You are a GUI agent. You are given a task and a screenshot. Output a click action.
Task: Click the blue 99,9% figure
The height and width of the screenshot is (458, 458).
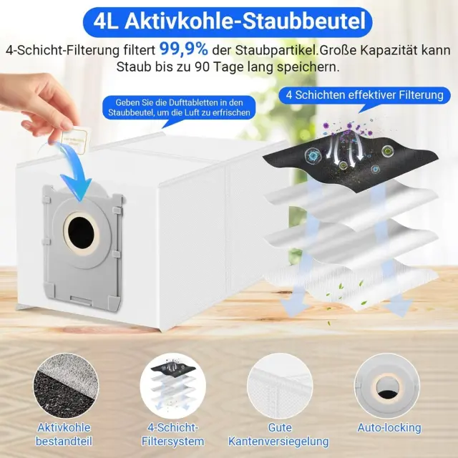pos(184,49)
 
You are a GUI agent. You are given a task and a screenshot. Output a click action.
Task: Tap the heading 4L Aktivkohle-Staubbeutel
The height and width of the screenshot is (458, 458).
pos(230,21)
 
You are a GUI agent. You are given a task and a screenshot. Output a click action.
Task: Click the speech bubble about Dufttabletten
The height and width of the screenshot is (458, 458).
pos(179,108)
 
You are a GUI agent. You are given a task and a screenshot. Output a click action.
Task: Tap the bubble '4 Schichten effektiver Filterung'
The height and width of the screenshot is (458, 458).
pos(364,95)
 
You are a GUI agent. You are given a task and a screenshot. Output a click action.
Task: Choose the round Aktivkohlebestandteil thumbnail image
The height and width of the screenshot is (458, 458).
pos(66,386)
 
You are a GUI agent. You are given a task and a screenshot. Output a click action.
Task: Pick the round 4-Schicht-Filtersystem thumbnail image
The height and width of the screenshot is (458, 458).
pos(173,386)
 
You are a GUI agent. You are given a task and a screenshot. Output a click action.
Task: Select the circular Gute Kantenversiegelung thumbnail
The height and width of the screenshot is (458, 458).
pos(280,386)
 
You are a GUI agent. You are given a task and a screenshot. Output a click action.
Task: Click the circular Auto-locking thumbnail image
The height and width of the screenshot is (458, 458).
pos(387,386)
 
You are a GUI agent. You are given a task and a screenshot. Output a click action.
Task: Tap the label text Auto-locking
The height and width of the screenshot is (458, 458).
pos(389,428)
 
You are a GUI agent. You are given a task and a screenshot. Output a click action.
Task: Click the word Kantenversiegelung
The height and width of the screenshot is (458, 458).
pos(278,442)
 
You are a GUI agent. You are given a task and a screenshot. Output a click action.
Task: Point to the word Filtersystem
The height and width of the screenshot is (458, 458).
pos(173,441)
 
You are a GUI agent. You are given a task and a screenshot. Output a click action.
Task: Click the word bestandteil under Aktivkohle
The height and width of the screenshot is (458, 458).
pos(64,441)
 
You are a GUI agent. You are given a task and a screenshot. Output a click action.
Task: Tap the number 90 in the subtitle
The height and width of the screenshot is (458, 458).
pos(201,67)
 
